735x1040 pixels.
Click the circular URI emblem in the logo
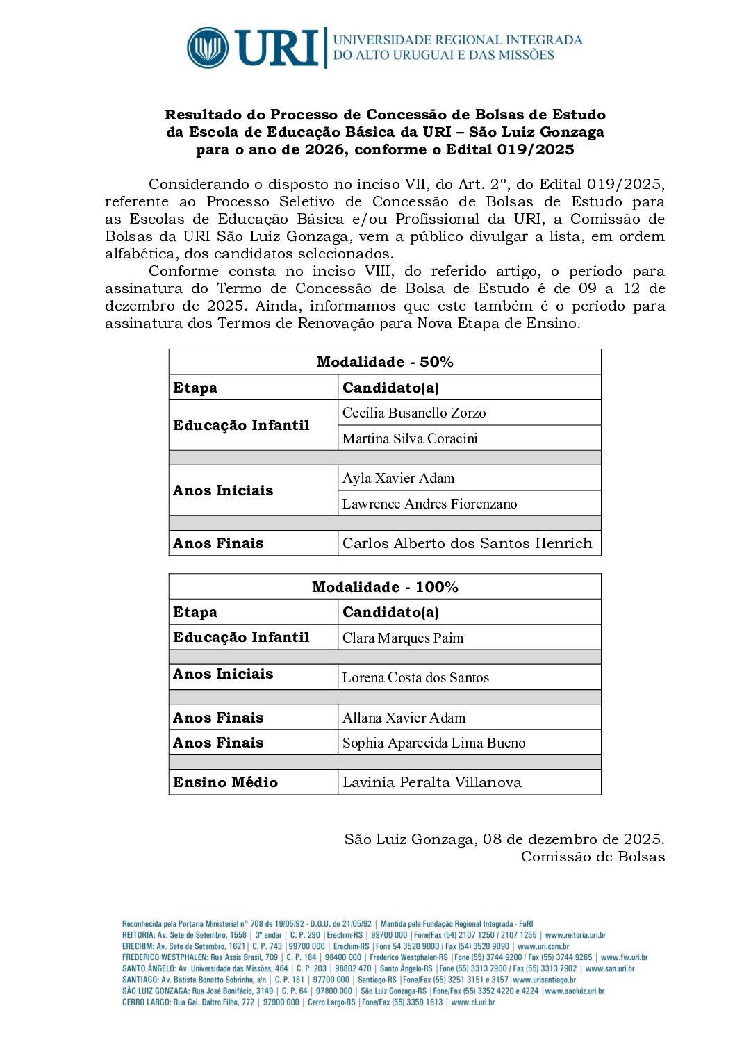(x=208, y=48)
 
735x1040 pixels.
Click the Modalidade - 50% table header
(x=385, y=362)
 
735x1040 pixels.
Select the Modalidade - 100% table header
(x=385, y=587)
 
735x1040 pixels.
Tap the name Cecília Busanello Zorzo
(x=414, y=413)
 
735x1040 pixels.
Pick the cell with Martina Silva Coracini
(x=410, y=438)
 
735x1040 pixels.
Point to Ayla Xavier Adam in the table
(x=398, y=478)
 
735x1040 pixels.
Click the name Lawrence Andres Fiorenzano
(x=429, y=504)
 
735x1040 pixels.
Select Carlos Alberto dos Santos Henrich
(x=467, y=543)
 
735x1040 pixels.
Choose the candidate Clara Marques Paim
(x=403, y=638)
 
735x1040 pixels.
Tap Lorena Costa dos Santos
(x=415, y=677)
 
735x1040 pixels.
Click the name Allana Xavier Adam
(x=404, y=718)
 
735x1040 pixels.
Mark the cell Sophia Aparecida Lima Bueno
(x=433, y=743)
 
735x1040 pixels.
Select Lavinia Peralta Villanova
(x=431, y=782)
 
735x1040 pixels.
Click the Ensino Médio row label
(x=225, y=782)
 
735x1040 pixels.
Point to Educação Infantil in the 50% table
(x=241, y=425)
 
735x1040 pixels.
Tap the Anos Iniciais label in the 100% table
(x=223, y=674)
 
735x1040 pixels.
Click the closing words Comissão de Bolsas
(x=593, y=857)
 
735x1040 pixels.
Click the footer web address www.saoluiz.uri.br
(x=575, y=991)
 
